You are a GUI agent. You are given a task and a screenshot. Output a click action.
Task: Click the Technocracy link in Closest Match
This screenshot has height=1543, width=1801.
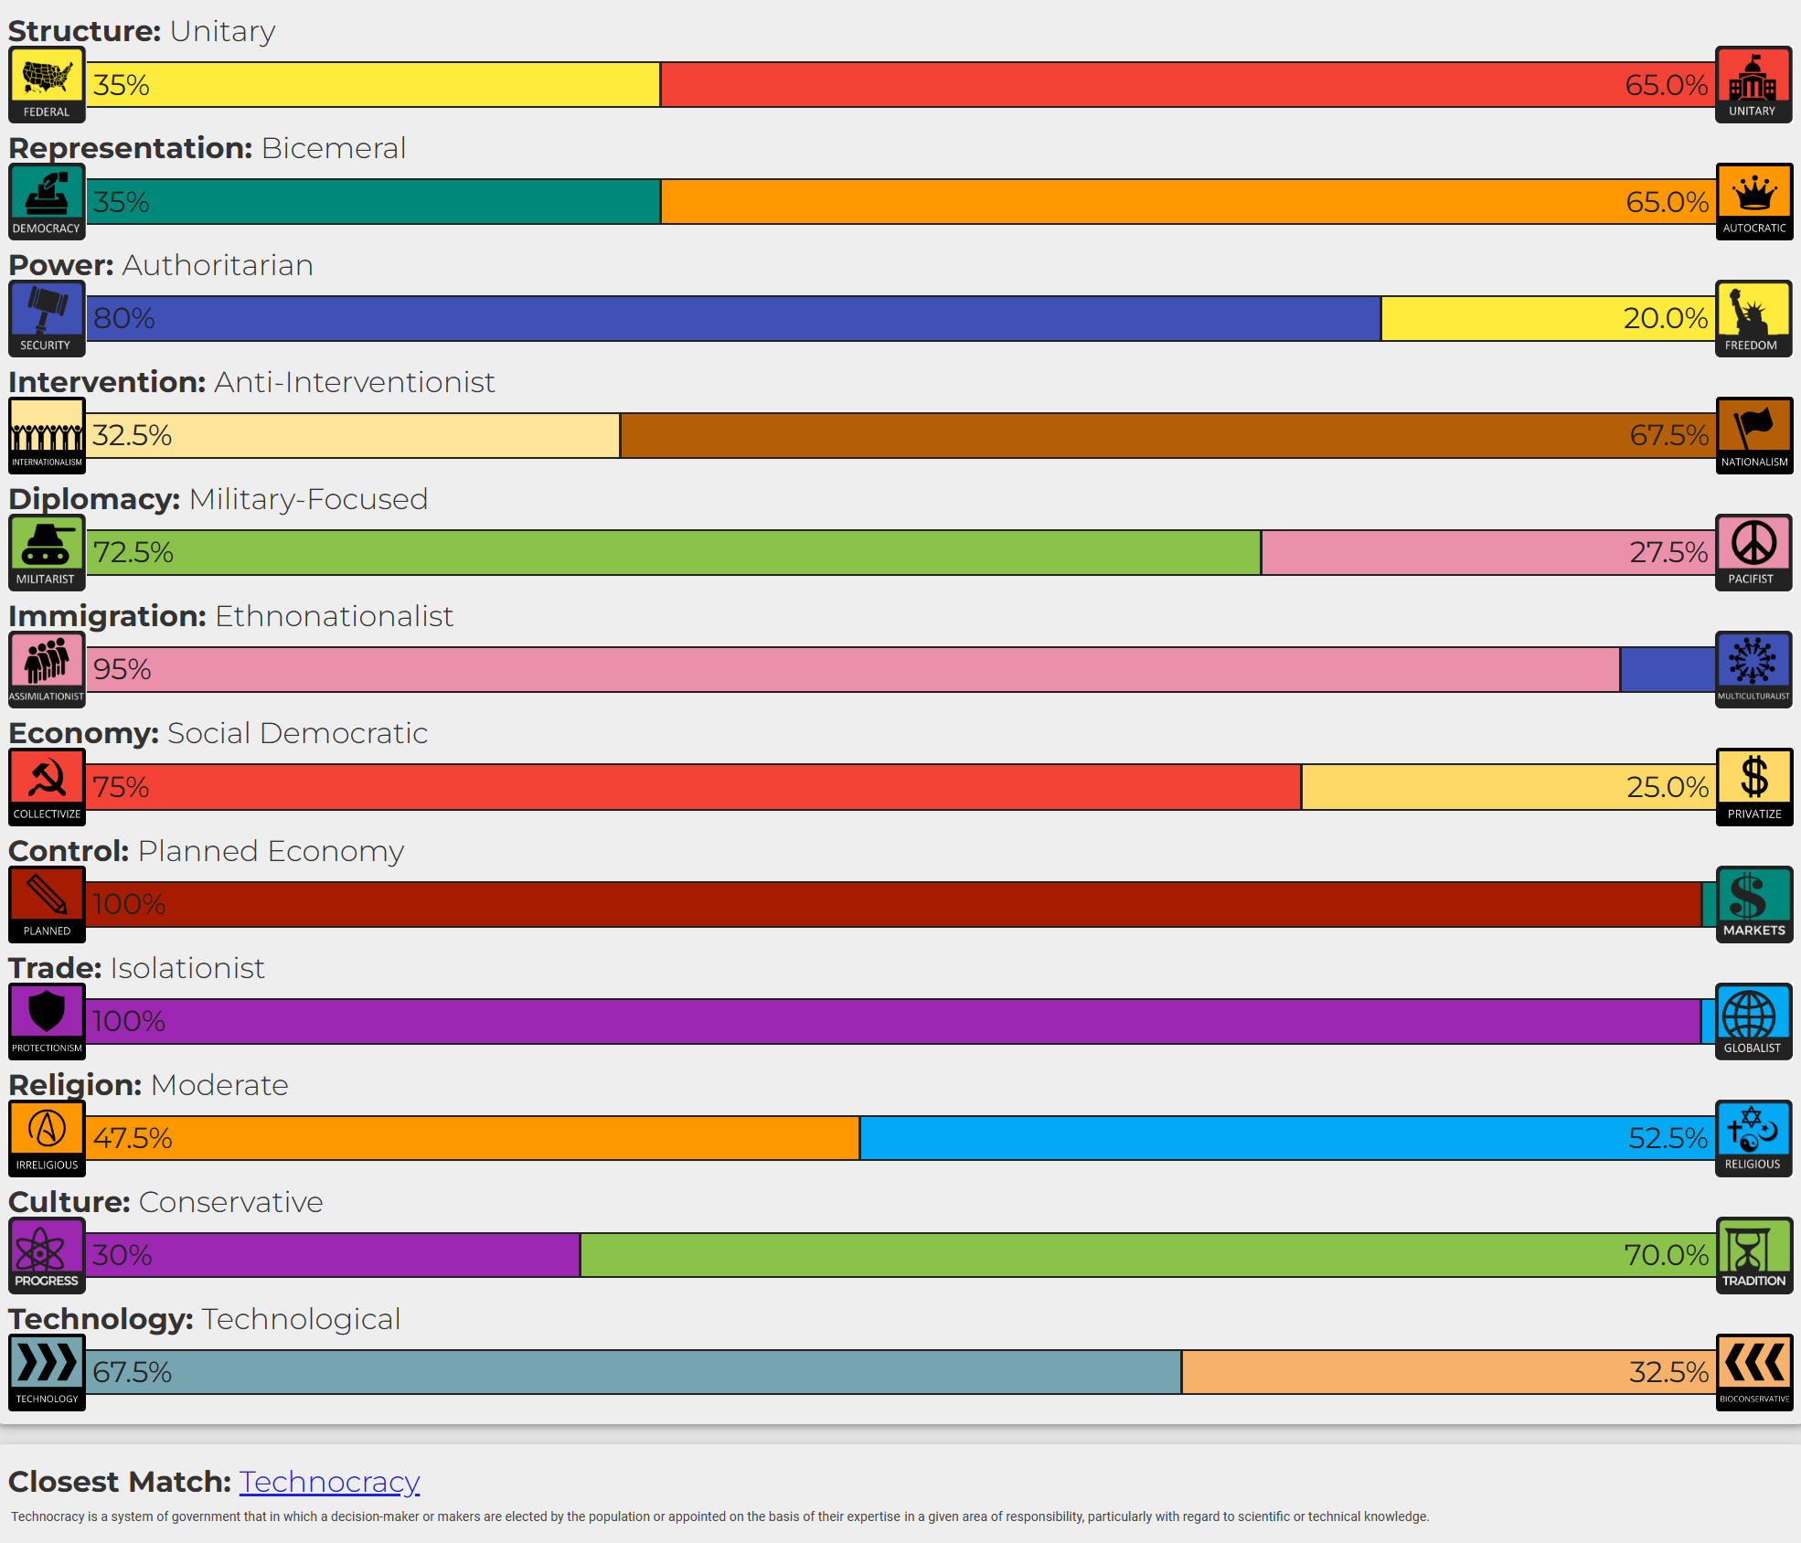[x=329, y=1481]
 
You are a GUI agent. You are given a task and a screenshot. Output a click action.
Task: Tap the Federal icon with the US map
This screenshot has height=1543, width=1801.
[x=47, y=79]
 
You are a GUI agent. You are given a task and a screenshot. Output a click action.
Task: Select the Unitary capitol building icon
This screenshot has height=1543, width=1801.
[x=1753, y=79]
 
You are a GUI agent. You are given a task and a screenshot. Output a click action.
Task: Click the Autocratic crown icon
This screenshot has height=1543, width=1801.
[x=1753, y=195]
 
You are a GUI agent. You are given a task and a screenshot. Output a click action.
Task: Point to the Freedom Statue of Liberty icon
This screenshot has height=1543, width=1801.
[x=1753, y=312]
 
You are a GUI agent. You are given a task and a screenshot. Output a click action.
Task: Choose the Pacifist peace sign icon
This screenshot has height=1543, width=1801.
[x=1753, y=545]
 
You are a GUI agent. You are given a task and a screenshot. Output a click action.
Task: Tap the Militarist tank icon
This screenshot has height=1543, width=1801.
[x=47, y=546]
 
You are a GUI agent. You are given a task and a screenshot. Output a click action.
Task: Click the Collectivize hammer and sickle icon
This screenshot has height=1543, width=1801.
[x=47, y=781]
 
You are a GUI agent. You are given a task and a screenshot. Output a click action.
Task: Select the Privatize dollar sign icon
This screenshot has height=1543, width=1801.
[x=1753, y=780]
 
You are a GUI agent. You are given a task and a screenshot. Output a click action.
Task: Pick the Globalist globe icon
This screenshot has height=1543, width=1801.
[x=1753, y=1015]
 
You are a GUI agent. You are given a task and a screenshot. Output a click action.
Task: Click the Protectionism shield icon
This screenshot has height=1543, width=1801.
[x=47, y=1014]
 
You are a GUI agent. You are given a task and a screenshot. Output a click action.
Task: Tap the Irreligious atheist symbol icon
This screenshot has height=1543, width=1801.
[x=47, y=1131]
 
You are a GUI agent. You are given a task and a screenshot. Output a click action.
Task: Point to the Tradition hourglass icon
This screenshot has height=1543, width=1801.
[x=1753, y=1248]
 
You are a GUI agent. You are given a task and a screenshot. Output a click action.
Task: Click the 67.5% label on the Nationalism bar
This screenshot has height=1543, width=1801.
[x=1668, y=435]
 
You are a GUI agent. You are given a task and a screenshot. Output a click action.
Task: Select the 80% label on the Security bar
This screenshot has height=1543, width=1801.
[x=124, y=318]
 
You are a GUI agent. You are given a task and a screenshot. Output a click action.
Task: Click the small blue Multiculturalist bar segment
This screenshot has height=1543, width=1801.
[x=1667, y=669]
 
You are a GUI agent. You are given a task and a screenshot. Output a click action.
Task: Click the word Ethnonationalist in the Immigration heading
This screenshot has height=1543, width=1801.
[x=334, y=617]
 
